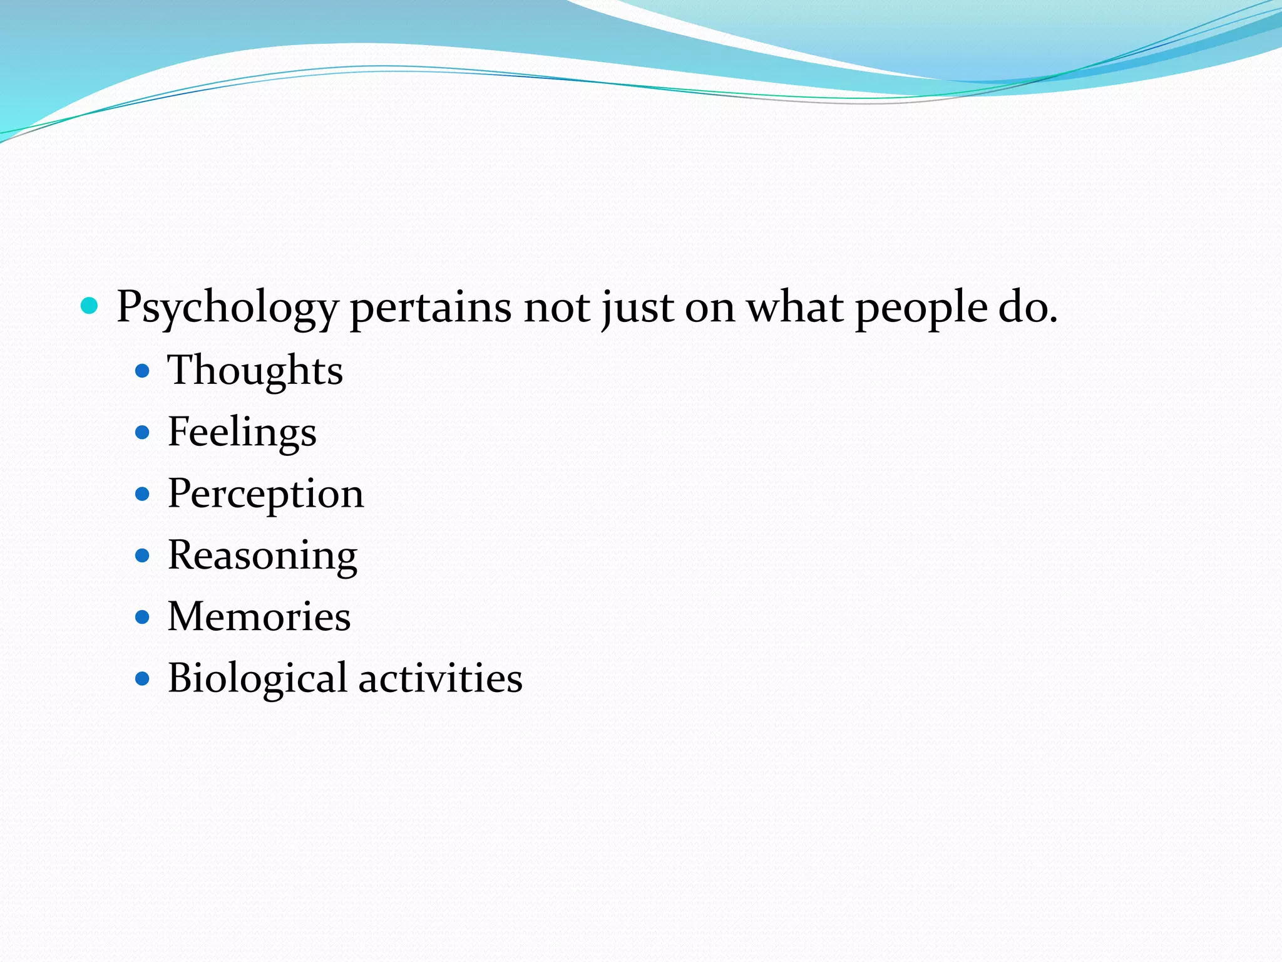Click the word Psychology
[x=227, y=308]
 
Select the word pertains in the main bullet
[x=430, y=308]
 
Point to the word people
[x=921, y=308]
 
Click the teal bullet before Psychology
[x=90, y=306]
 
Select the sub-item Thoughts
[x=255, y=370]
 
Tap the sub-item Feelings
[x=242, y=432]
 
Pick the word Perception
[x=265, y=494]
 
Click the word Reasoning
[x=262, y=556]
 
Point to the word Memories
[x=259, y=616]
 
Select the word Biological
[x=257, y=678]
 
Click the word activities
[x=440, y=678]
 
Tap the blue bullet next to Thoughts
[x=143, y=371]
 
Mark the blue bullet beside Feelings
[x=143, y=432]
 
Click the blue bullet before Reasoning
[x=143, y=556]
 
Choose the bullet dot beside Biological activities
[x=143, y=678]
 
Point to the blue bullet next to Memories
[x=143, y=617]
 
